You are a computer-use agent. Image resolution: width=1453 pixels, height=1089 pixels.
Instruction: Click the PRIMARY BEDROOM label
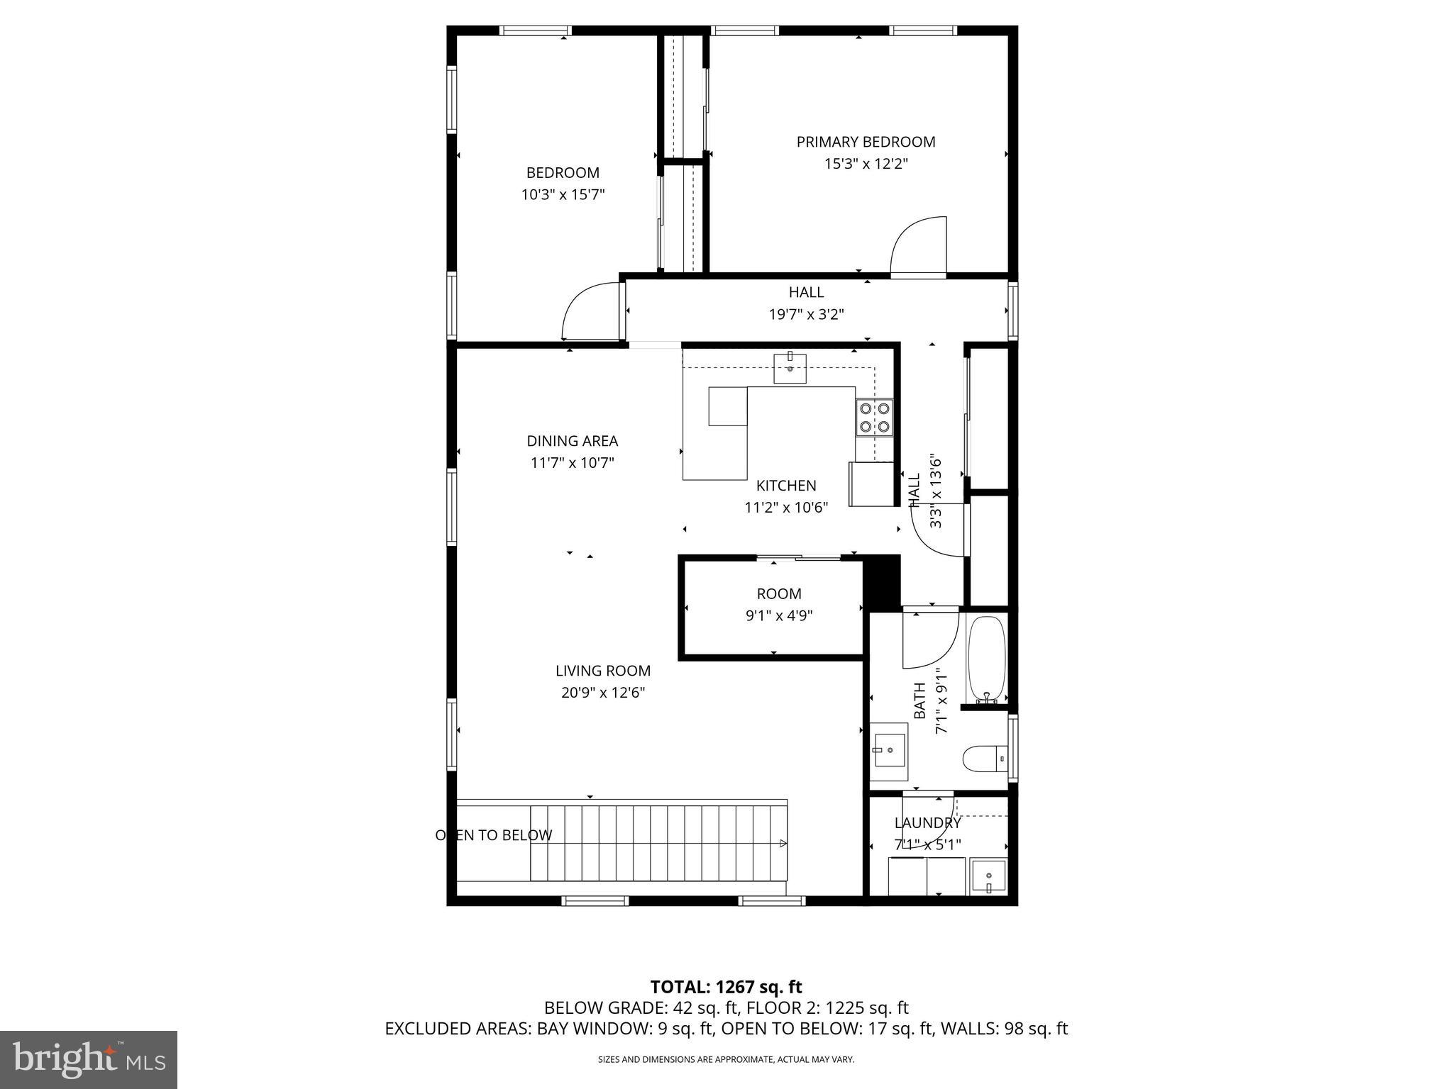coord(866,142)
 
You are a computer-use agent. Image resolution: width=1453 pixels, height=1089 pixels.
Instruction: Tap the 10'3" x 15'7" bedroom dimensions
coord(563,195)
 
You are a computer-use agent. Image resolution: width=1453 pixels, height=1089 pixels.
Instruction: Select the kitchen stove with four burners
coord(874,418)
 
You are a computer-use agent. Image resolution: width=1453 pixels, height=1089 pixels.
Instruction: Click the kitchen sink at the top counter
coord(790,368)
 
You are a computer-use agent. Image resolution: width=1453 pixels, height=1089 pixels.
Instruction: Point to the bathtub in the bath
coord(987,658)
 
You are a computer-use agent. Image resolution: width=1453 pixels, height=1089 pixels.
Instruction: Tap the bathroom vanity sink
coord(889,751)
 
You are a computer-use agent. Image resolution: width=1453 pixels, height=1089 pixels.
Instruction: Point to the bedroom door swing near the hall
coord(590,311)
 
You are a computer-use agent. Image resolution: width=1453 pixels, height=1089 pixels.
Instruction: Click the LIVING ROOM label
coord(602,671)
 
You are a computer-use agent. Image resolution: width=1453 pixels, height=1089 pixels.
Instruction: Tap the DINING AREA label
coord(572,441)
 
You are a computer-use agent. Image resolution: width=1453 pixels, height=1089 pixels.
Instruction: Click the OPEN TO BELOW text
coord(493,835)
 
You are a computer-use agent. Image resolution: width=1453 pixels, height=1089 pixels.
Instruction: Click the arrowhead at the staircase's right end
coord(783,843)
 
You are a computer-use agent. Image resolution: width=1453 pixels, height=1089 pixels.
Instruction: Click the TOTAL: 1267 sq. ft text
coord(726,987)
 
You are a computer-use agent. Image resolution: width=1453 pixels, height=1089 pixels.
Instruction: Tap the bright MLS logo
coord(89,1060)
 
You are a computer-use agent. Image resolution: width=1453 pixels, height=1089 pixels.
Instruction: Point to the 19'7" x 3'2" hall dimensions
coord(806,314)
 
